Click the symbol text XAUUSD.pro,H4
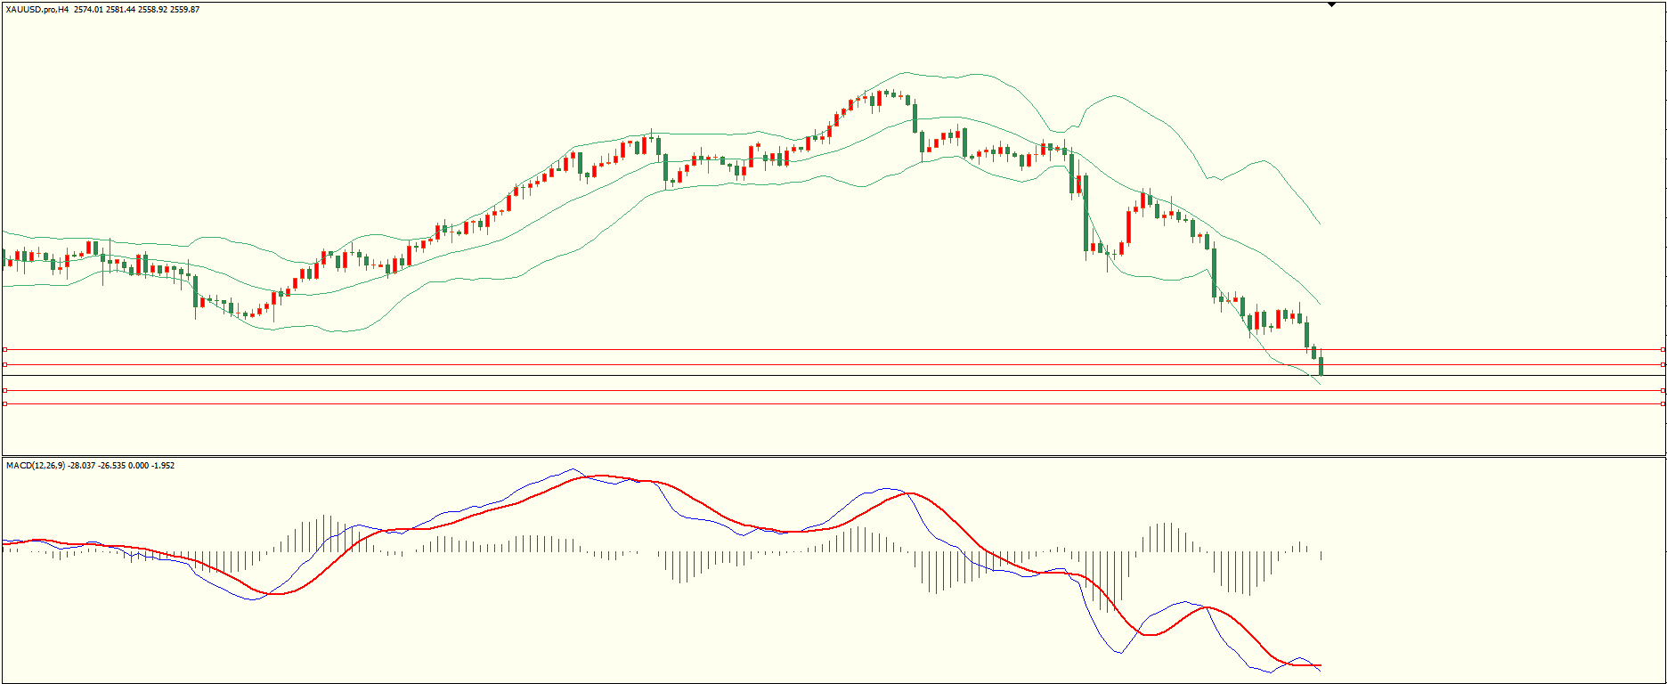coord(37,10)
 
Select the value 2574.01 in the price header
coord(88,10)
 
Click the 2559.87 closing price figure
coord(184,10)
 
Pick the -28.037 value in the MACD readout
coord(81,466)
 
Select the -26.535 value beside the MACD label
coord(112,466)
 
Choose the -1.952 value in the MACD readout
coord(163,466)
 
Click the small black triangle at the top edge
coord(1331,4)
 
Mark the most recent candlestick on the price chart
coord(1321,365)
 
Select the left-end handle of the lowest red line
coord(4,390)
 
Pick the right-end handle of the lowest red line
coord(1663,390)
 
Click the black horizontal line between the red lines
coord(801,375)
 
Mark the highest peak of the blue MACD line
coord(571,469)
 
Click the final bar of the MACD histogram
coord(1321,555)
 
